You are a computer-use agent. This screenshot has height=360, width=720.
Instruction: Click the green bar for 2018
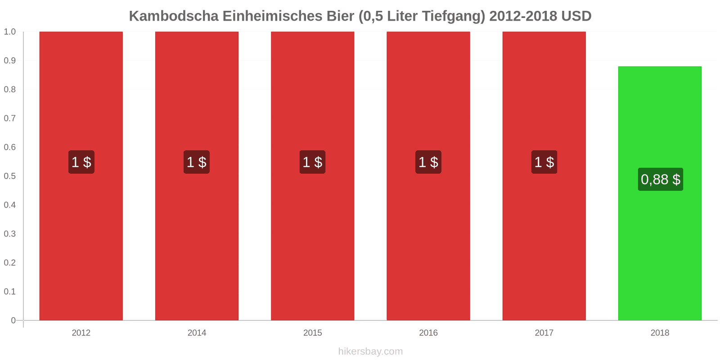pos(660,193)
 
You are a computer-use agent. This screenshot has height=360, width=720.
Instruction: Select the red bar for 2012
pos(81,176)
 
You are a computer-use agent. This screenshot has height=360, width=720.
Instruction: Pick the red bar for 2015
pos(312,176)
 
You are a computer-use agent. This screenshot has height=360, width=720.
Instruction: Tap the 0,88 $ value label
pos(661,180)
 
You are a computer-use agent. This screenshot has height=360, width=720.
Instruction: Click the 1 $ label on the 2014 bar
pos(197,162)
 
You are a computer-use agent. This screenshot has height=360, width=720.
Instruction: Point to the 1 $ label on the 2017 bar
pos(544,162)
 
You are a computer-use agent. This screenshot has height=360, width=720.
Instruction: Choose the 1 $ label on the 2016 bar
pos(428,162)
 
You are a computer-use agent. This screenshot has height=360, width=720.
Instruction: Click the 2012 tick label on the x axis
pos(81,333)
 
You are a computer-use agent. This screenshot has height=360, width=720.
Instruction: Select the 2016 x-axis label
pos(428,333)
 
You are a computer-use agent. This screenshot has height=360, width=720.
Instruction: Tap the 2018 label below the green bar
pos(660,333)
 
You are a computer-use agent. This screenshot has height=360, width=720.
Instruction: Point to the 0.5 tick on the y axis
pos(9,176)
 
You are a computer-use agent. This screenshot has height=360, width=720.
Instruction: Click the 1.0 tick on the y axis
pos(9,31)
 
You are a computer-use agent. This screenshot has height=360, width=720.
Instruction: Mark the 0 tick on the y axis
pos(13,320)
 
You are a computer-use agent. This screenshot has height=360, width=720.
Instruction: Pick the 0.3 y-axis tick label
pos(9,234)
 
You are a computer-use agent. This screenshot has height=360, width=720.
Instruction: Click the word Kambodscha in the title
pos(174,16)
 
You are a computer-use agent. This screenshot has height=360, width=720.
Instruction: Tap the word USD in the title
pos(576,16)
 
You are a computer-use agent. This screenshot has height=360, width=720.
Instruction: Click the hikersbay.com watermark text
pos(371,351)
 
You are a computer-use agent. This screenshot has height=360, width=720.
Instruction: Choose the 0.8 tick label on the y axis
pos(9,90)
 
